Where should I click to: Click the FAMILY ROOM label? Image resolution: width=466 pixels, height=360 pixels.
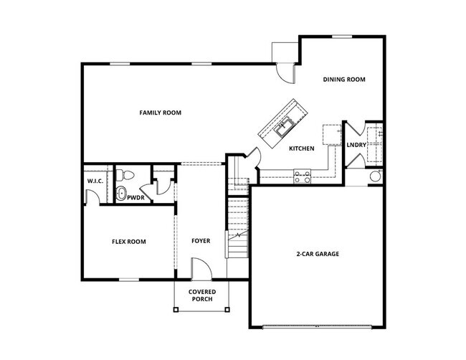[160, 113]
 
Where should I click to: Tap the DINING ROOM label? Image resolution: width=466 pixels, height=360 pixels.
[344, 80]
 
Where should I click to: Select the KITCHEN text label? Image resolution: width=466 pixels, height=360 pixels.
[301, 148]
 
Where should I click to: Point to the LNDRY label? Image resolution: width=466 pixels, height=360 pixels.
[356, 146]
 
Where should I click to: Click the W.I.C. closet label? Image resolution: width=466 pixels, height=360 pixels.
[95, 181]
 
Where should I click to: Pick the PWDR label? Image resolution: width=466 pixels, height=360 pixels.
[136, 197]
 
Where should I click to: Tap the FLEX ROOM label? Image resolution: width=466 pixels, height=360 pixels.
[128, 242]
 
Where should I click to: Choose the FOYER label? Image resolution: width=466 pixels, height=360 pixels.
[201, 241]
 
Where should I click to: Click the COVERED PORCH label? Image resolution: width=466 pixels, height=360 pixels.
[202, 295]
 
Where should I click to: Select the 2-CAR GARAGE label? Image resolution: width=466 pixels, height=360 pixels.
[318, 254]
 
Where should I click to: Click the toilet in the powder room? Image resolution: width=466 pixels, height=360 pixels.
[125, 174]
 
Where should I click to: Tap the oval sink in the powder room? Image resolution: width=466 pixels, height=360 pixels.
[120, 193]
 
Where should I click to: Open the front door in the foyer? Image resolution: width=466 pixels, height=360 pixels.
[201, 270]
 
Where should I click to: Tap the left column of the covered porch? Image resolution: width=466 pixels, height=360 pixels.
[176, 310]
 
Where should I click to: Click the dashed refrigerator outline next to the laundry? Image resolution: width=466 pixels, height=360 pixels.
[331, 135]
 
